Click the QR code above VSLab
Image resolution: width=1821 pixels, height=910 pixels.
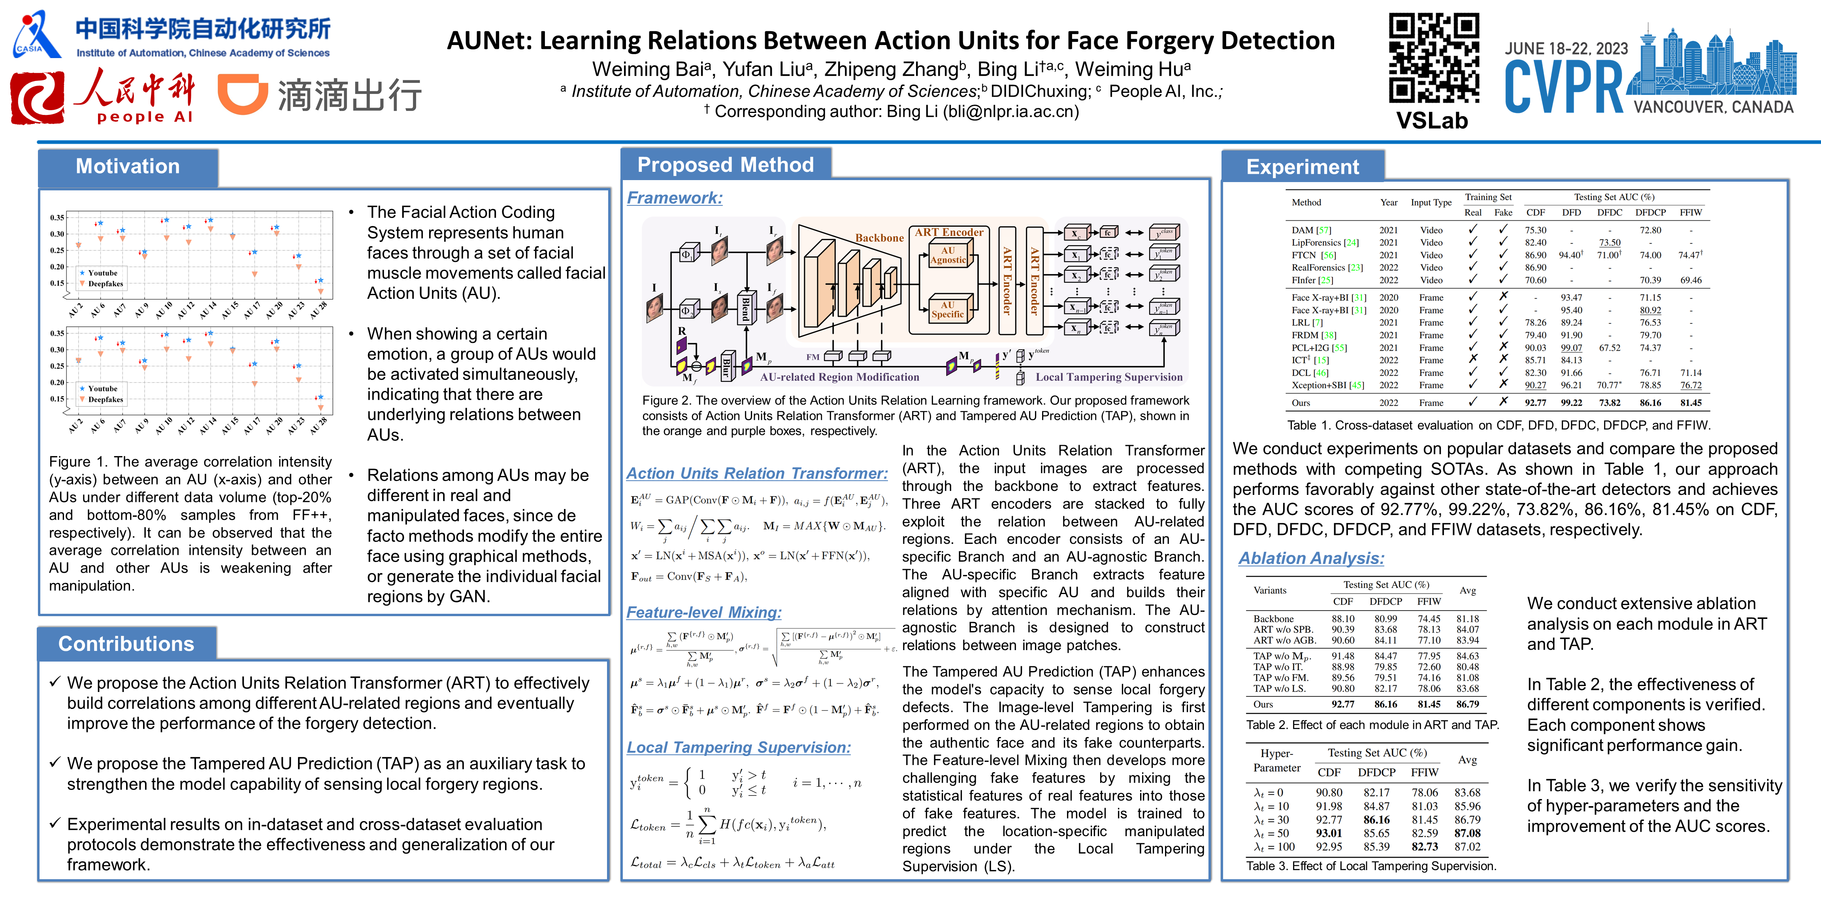pos(1433,58)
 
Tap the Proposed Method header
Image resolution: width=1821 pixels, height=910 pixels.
pos(725,165)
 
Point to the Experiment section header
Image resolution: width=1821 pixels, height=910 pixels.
pos(1302,167)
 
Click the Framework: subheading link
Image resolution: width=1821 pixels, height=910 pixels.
pos(675,198)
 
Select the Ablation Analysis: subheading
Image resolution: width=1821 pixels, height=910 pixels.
pos(1310,558)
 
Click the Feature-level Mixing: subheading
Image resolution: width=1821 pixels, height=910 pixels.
pos(703,613)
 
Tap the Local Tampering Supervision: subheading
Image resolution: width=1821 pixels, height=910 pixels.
pos(738,748)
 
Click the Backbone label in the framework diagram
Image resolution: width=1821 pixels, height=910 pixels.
pos(879,238)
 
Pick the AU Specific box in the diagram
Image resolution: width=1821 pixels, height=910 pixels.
pos(947,310)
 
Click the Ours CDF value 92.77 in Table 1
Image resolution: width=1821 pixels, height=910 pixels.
pos(1535,403)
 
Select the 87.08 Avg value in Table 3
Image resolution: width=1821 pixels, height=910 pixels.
pos(1467,833)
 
